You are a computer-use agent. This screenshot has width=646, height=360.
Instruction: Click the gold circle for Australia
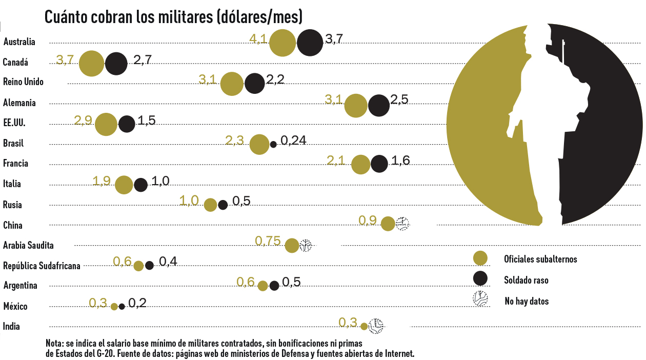coord(282,43)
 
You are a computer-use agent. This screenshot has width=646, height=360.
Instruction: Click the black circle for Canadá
coord(116,64)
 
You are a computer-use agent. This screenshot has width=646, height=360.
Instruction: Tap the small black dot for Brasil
coord(273,144)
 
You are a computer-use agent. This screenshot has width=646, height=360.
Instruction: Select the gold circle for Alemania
coord(356,106)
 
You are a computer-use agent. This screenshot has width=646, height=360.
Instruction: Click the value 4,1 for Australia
coord(258,39)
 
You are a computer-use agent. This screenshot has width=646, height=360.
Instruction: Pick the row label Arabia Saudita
coord(28,245)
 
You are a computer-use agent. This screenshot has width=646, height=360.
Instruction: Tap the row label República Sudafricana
coord(42,266)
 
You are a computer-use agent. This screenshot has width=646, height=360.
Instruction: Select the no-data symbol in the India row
coord(377,326)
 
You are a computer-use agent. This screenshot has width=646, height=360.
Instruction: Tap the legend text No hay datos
coord(527,301)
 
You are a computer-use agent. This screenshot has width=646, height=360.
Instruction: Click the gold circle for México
coord(114,307)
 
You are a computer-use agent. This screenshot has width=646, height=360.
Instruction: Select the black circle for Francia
coord(379,164)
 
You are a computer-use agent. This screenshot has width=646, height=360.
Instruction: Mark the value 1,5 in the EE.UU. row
coord(147,121)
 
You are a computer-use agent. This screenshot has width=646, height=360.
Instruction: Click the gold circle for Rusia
coord(210,205)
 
